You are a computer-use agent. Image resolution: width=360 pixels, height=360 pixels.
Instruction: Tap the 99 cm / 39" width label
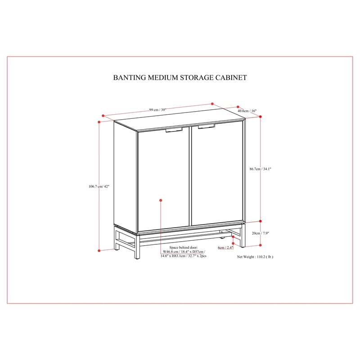click(157, 110)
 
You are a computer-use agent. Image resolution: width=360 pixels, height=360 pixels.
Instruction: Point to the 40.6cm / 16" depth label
click(247, 111)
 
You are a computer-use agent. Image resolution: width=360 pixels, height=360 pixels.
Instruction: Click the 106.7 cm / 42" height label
click(99, 186)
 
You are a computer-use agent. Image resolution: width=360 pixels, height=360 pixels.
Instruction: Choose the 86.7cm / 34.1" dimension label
click(261, 169)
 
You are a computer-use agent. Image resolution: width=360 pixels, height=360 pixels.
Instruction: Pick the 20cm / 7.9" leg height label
click(261, 233)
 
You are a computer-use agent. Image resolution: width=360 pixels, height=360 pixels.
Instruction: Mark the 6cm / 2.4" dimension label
click(225, 247)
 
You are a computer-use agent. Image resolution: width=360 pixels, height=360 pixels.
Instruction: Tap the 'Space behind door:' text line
click(184, 247)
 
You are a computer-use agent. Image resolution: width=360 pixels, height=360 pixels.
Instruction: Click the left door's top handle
click(174, 130)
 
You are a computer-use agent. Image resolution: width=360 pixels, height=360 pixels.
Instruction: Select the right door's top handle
click(206, 126)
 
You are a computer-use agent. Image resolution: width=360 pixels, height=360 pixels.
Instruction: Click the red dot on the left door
click(161, 200)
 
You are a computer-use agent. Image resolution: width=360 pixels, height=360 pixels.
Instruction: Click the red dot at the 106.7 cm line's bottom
click(99, 251)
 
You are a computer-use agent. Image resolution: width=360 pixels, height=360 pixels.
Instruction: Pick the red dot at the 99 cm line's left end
click(103, 116)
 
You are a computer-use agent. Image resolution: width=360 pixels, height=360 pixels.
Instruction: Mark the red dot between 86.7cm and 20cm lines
click(261, 221)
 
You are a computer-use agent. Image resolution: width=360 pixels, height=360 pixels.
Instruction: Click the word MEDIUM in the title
click(163, 77)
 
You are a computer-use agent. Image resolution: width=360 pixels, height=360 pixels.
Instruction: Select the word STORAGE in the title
click(197, 77)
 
